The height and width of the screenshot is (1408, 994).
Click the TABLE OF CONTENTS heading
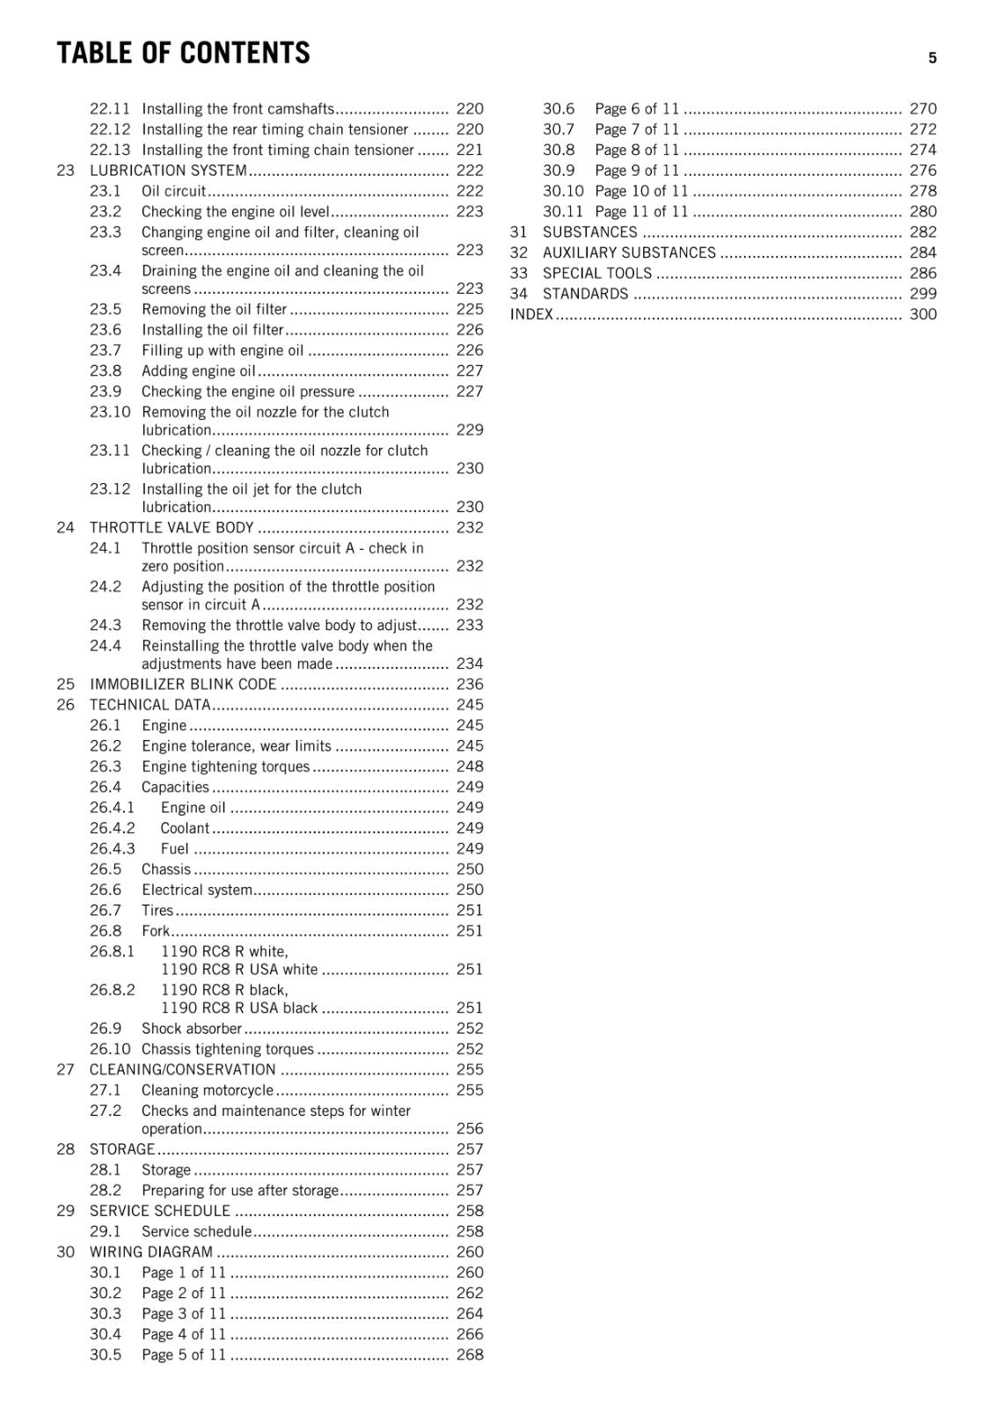click(x=183, y=54)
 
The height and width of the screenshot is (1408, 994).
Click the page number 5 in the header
click(x=932, y=58)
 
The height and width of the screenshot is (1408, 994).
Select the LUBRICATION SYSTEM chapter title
click(x=168, y=171)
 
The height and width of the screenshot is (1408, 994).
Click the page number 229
click(x=470, y=430)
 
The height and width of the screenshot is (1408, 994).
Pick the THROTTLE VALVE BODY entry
click(x=172, y=528)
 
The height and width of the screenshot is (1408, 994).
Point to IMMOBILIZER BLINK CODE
click(x=183, y=685)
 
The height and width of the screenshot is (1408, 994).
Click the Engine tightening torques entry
click(x=225, y=766)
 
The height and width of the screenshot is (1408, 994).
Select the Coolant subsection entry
click(x=185, y=828)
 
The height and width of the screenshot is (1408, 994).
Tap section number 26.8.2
click(x=113, y=990)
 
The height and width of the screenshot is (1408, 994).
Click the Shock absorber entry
click(x=191, y=1029)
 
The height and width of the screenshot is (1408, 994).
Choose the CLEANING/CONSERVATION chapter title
click(x=182, y=1070)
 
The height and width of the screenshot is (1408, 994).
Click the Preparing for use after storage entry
click(x=239, y=1191)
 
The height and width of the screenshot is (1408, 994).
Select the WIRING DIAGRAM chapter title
click(x=151, y=1252)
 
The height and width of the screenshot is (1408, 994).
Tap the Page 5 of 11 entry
click(x=184, y=1355)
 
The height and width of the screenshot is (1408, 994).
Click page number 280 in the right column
click(x=923, y=212)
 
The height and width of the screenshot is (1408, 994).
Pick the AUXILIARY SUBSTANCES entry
click(x=629, y=253)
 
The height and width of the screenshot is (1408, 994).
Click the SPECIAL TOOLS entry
click(x=597, y=274)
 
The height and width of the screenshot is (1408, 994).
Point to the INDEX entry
click(x=531, y=315)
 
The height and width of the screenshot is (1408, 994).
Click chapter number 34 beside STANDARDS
click(x=519, y=294)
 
